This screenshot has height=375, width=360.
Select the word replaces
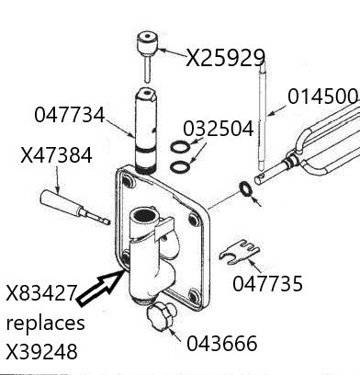coord(46,324)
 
